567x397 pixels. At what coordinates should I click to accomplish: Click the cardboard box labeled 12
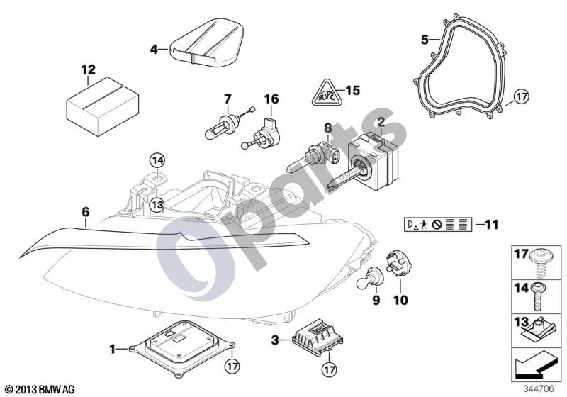tap(103, 106)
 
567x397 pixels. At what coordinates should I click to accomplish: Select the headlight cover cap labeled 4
tap(207, 43)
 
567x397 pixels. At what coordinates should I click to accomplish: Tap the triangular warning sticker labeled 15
tap(327, 93)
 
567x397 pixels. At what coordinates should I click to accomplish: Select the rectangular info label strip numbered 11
tap(438, 225)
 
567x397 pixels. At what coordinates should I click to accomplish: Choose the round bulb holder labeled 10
tap(399, 265)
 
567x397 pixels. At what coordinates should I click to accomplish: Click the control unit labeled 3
tap(318, 337)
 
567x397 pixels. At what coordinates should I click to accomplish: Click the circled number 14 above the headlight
tap(157, 160)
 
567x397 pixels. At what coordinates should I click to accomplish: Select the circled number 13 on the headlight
tap(157, 206)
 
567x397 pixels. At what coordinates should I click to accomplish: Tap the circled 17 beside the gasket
tap(521, 96)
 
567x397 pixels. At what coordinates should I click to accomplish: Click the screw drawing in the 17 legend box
tap(539, 264)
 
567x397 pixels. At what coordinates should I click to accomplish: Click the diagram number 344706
tap(539, 388)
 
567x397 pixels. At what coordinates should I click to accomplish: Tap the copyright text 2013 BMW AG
tap(40, 389)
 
